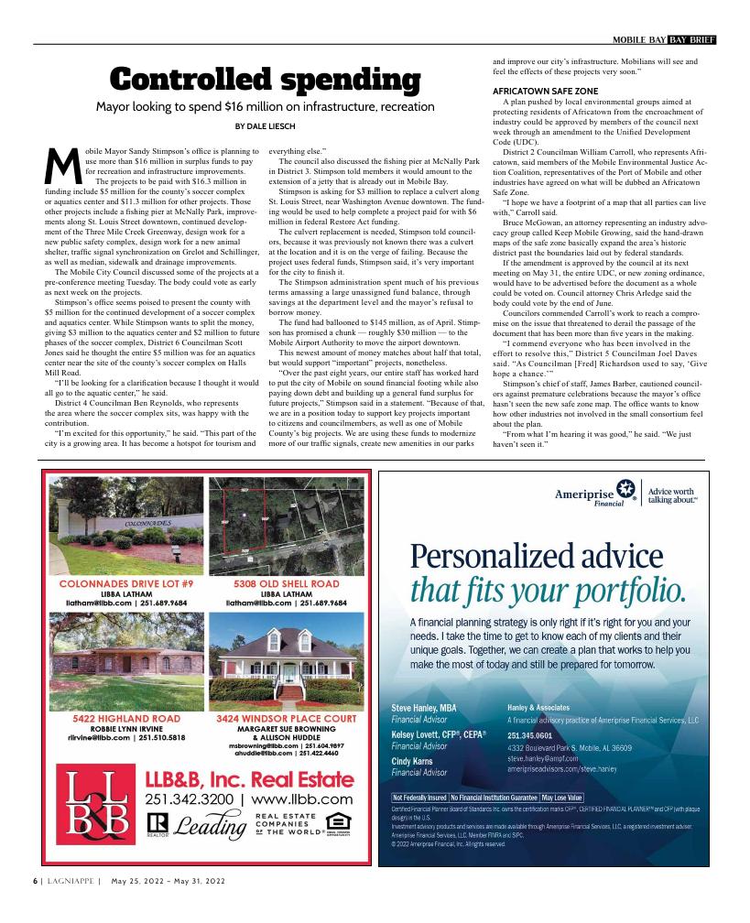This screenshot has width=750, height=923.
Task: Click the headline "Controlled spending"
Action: pyautogui.click(x=266, y=80)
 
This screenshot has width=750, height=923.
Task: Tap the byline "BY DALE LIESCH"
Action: pyautogui.click(x=266, y=125)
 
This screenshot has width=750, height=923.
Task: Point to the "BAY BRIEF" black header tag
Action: pyautogui.click(x=691, y=38)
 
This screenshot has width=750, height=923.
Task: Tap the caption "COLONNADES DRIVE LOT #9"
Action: pyautogui.click(x=126, y=583)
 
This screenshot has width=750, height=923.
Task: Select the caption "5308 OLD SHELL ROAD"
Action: pyautogui.click(x=287, y=583)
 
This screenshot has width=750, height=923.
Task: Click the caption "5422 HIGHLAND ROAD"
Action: pyautogui.click(x=126, y=719)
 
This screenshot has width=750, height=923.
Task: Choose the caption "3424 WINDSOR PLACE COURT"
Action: pyautogui.click(x=287, y=719)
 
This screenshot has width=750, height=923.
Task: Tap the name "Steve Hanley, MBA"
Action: pyautogui.click(x=424, y=708)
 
